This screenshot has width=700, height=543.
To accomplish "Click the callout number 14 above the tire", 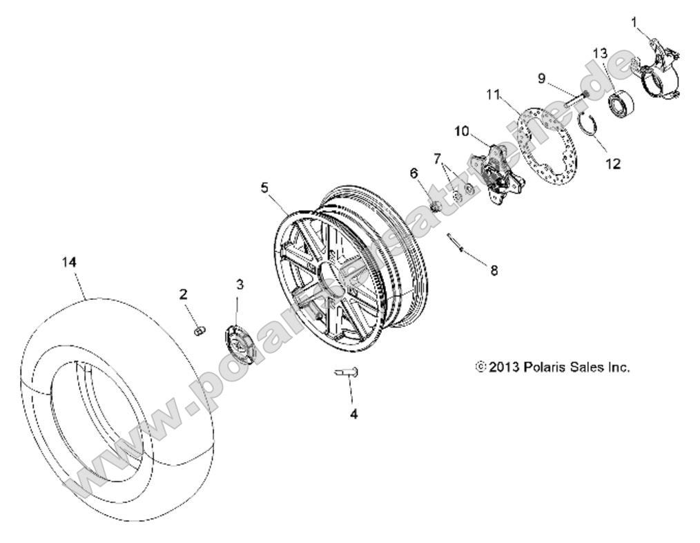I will click(69, 263).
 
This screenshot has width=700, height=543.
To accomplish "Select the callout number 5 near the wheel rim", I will click(264, 187).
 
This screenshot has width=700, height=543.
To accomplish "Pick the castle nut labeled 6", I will click(436, 205).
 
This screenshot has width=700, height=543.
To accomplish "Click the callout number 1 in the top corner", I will click(634, 22).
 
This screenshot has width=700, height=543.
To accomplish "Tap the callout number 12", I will click(612, 164).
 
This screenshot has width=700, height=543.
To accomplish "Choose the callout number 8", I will click(494, 270).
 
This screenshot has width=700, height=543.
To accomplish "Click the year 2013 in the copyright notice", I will click(505, 368).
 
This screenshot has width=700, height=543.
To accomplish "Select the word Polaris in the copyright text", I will click(545, 368).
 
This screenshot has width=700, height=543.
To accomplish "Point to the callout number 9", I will click(543, 79).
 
